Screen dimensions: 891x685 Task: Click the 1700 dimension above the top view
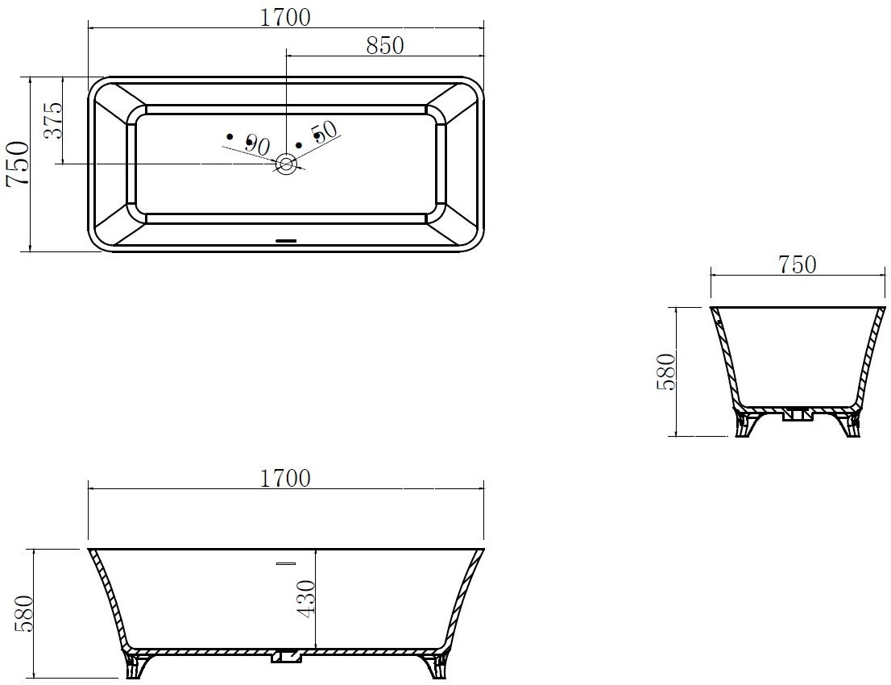[286, 18]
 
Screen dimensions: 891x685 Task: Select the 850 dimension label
[385, 45]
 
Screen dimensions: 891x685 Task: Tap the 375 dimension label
[53, 121]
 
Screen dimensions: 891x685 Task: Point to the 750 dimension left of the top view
[17, 163]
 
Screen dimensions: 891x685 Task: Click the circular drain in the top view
[286, 164]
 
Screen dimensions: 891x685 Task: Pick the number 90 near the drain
[257, 146]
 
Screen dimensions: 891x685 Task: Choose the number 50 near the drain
[325, 132]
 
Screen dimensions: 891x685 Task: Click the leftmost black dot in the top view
[230, 136]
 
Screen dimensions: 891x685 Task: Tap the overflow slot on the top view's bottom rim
[286, 240]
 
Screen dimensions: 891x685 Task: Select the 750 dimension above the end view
[798, 264]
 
